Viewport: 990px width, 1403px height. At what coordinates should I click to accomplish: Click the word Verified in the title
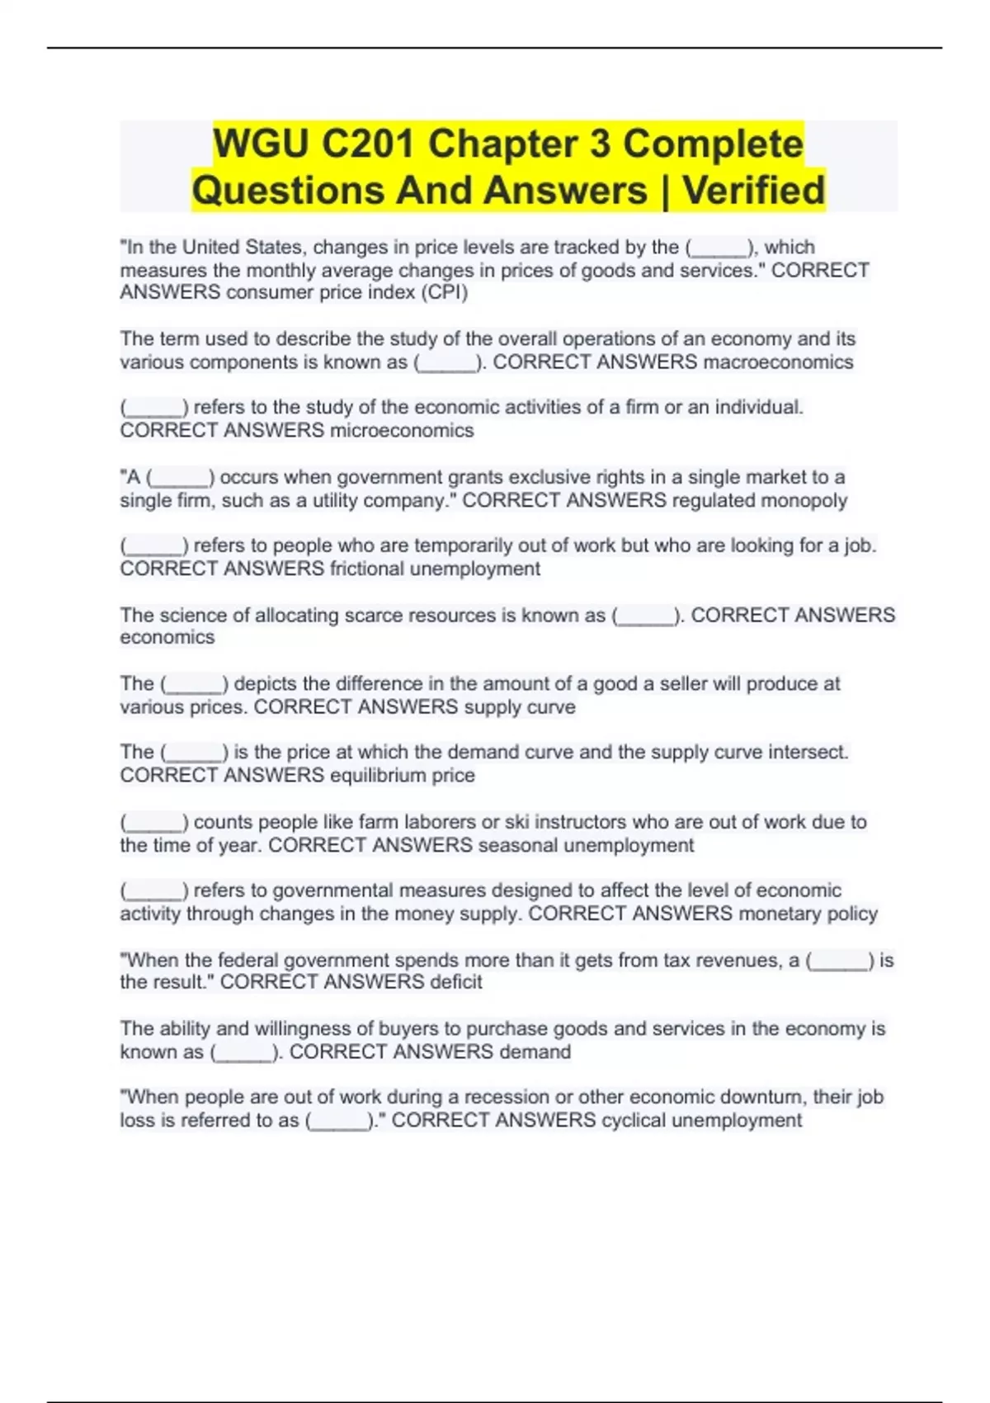coord(753,190)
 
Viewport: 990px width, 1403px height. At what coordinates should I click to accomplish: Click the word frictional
coord(367,569)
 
